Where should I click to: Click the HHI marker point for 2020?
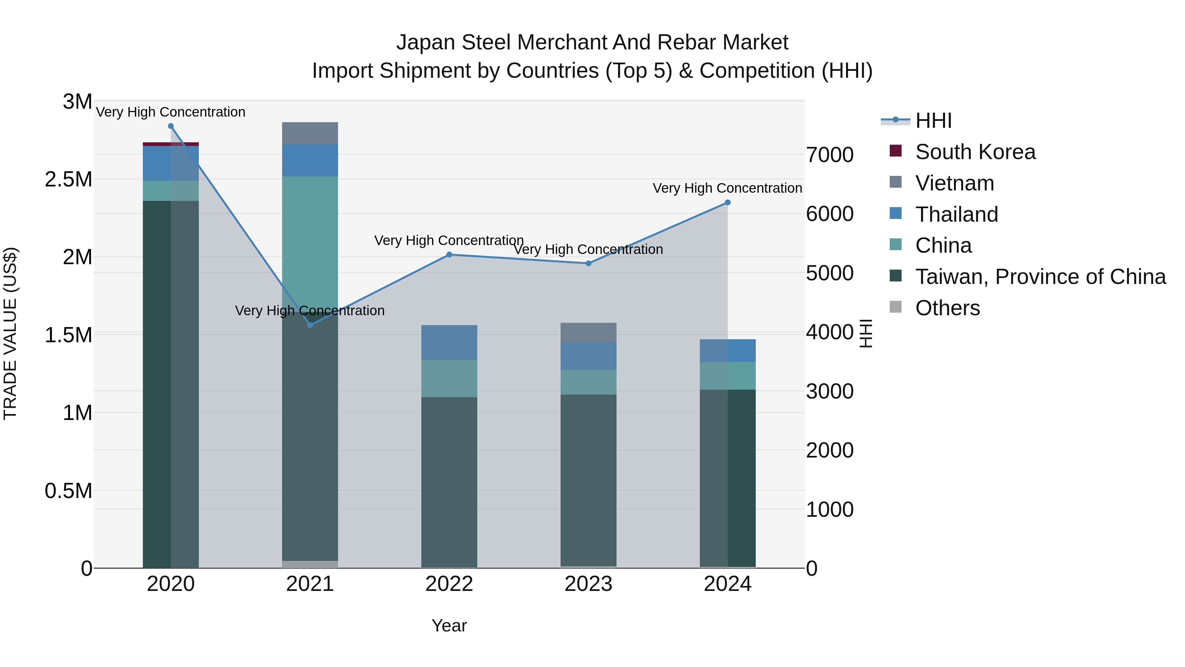click(171, 126)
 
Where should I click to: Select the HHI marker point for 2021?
click(310, 325)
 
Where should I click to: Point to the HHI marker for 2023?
click(588, 263)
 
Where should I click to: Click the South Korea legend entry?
click(975, 152)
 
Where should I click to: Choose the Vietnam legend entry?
click(955, 183)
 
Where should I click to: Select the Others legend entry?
click(948, 308)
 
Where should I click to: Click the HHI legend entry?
click(934, 121)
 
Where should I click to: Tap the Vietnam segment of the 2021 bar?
click(310, 133)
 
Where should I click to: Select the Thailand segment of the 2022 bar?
click(449, 343)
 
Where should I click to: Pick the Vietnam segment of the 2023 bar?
click(588, 332)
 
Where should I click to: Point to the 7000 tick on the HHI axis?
click(830, 155)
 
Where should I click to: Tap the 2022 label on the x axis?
click(449, 584)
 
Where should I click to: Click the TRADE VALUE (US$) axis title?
click(10, 333)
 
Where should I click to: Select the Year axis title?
click(449, 625)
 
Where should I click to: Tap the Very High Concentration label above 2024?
click(727, 188)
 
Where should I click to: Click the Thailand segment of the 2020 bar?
click(171, 163)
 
